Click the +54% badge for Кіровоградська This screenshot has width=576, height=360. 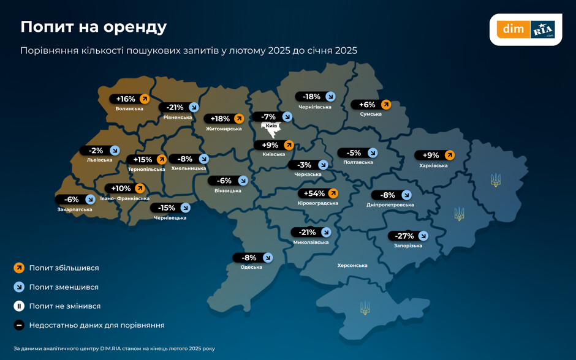pyautogui.click(x=318, y=193)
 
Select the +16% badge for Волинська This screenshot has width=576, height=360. pyautogui.click(x=130, y=99)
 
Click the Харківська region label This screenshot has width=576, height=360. pyautogui.click(x=433, y=165)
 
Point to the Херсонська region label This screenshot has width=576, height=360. pyautogui.click(x=352, y=266)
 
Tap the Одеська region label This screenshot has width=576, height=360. pyautogui.click(x=251, y=267)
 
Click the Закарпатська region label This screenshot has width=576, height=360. pyautogui.click(x=75, y=209)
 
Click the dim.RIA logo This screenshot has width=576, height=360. pyautogui.click(x=525, y=29)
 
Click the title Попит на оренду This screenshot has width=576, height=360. pyautogui.click(x=93, y=27)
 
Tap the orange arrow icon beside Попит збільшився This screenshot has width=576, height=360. pyautogui.click(x=19, y=268)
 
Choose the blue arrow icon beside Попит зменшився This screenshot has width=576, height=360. pyautogui.click(x=19, y=287)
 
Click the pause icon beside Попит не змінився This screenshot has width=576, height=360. pyautogui.click(x=19, y=306)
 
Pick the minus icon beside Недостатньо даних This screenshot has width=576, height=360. pyautogui.click(x=19, y=325)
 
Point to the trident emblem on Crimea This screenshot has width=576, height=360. pyautogui.click(x=365, y=308)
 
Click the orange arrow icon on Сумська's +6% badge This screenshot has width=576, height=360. pyautogui.click(x=387, y=105)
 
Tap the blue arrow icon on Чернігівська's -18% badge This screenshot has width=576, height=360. pyautogui.click(x=330, y=96)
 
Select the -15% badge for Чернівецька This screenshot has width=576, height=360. pyautogui.click(x=171, y=208)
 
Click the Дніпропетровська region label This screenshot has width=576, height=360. pyautogui.click(x=390, y=205)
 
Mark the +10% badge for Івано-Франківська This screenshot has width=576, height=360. pyautogui.click(x=125, y=189)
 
